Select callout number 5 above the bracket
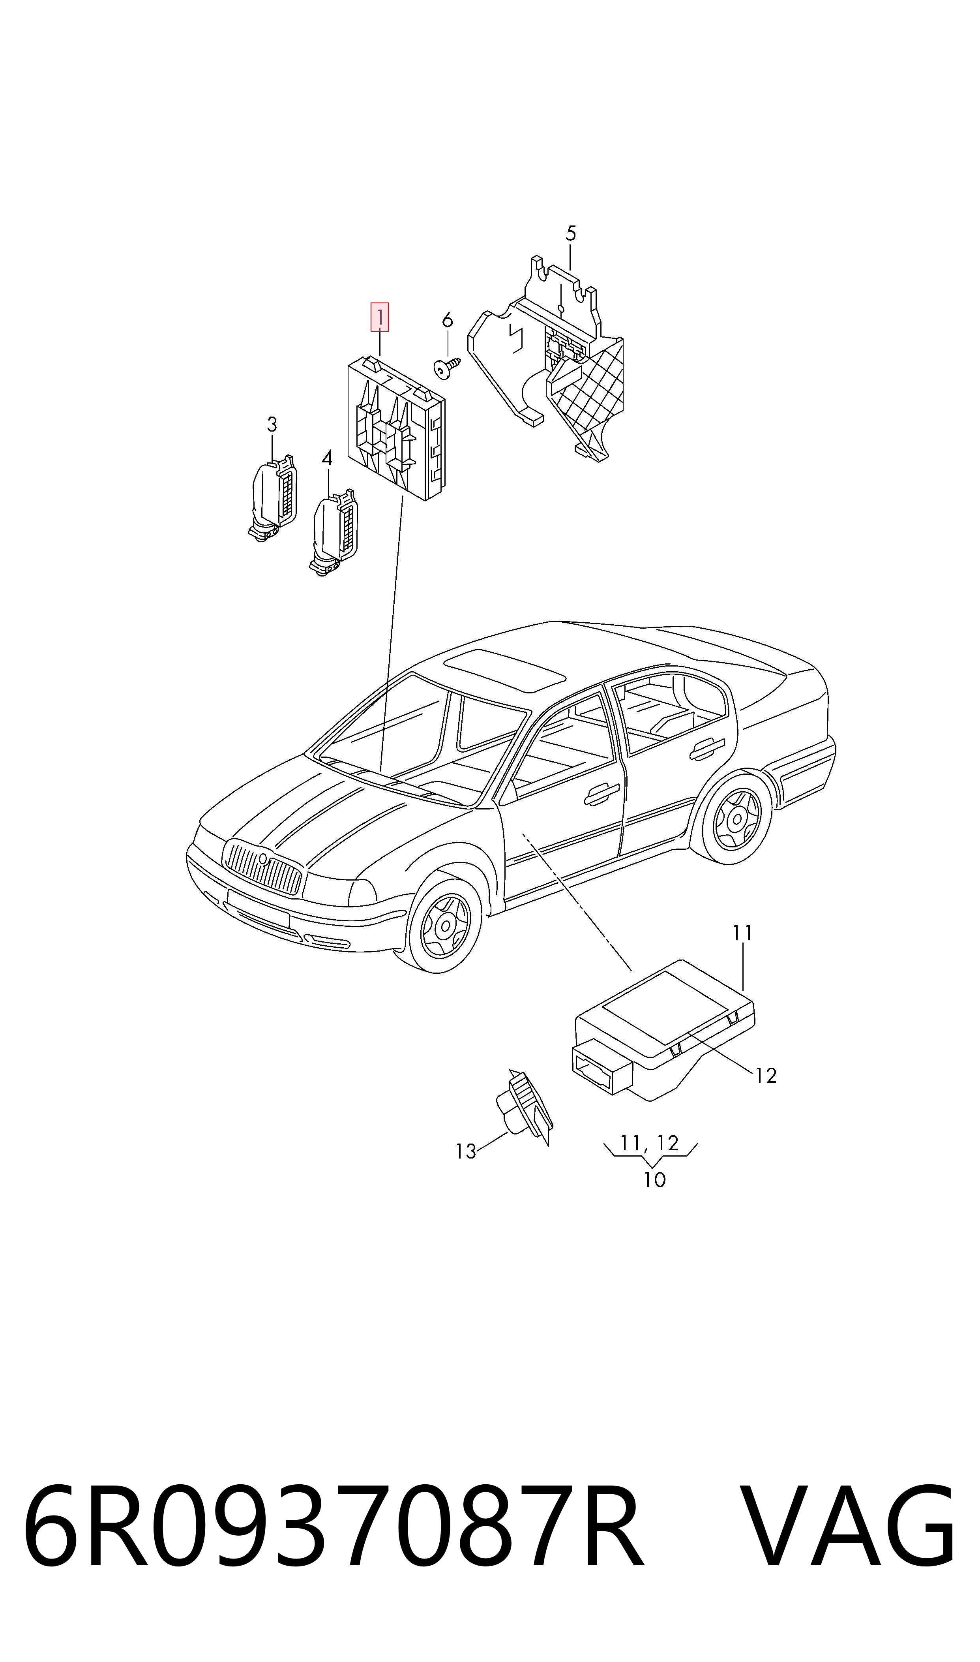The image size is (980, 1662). (571, 233)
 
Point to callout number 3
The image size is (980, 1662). (272, 424)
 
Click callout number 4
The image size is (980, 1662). (327, 457)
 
